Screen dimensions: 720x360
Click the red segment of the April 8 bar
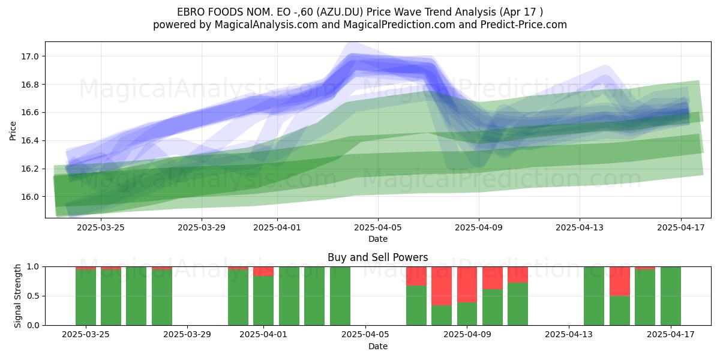pyautogui.click(x=442, y=286)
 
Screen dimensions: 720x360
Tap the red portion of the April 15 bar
pyautogui.click(x=620, y=281)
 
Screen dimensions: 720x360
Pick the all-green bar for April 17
pyautogui.click(x=671, y=296)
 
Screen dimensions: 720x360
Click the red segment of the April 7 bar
pyautogui.click(x=416, y=276)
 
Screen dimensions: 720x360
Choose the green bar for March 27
pyautogui.click(x=136, y=296)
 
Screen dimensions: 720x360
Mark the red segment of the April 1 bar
pyautogui.click(x=263, y=271)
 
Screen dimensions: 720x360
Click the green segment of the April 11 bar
pyautogui.click(x=518, y=304)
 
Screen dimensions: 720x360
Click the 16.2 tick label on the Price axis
pyautogui.click(x=29, y=169)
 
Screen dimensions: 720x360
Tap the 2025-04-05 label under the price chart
pyautogui.click(x=378, y=227)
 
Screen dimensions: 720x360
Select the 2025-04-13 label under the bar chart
pyautogui.click(x=569, y=335)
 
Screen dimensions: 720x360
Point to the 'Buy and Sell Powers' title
pyautogui.click(x=377, y=257)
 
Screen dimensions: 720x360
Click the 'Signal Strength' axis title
pyautogui.click(x=17, y=296)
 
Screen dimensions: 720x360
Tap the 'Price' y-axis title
pyautogui.click(x=13, y=131)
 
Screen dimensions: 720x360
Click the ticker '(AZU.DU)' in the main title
pyautogui.click(x=340, y=12)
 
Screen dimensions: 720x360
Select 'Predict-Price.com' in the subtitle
pyautogui.click(x=524, y=25)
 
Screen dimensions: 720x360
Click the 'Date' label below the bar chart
pyautogui.click(x=377, y=346)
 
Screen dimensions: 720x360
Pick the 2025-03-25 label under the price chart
pyautogui.click(x=101, y=227)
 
